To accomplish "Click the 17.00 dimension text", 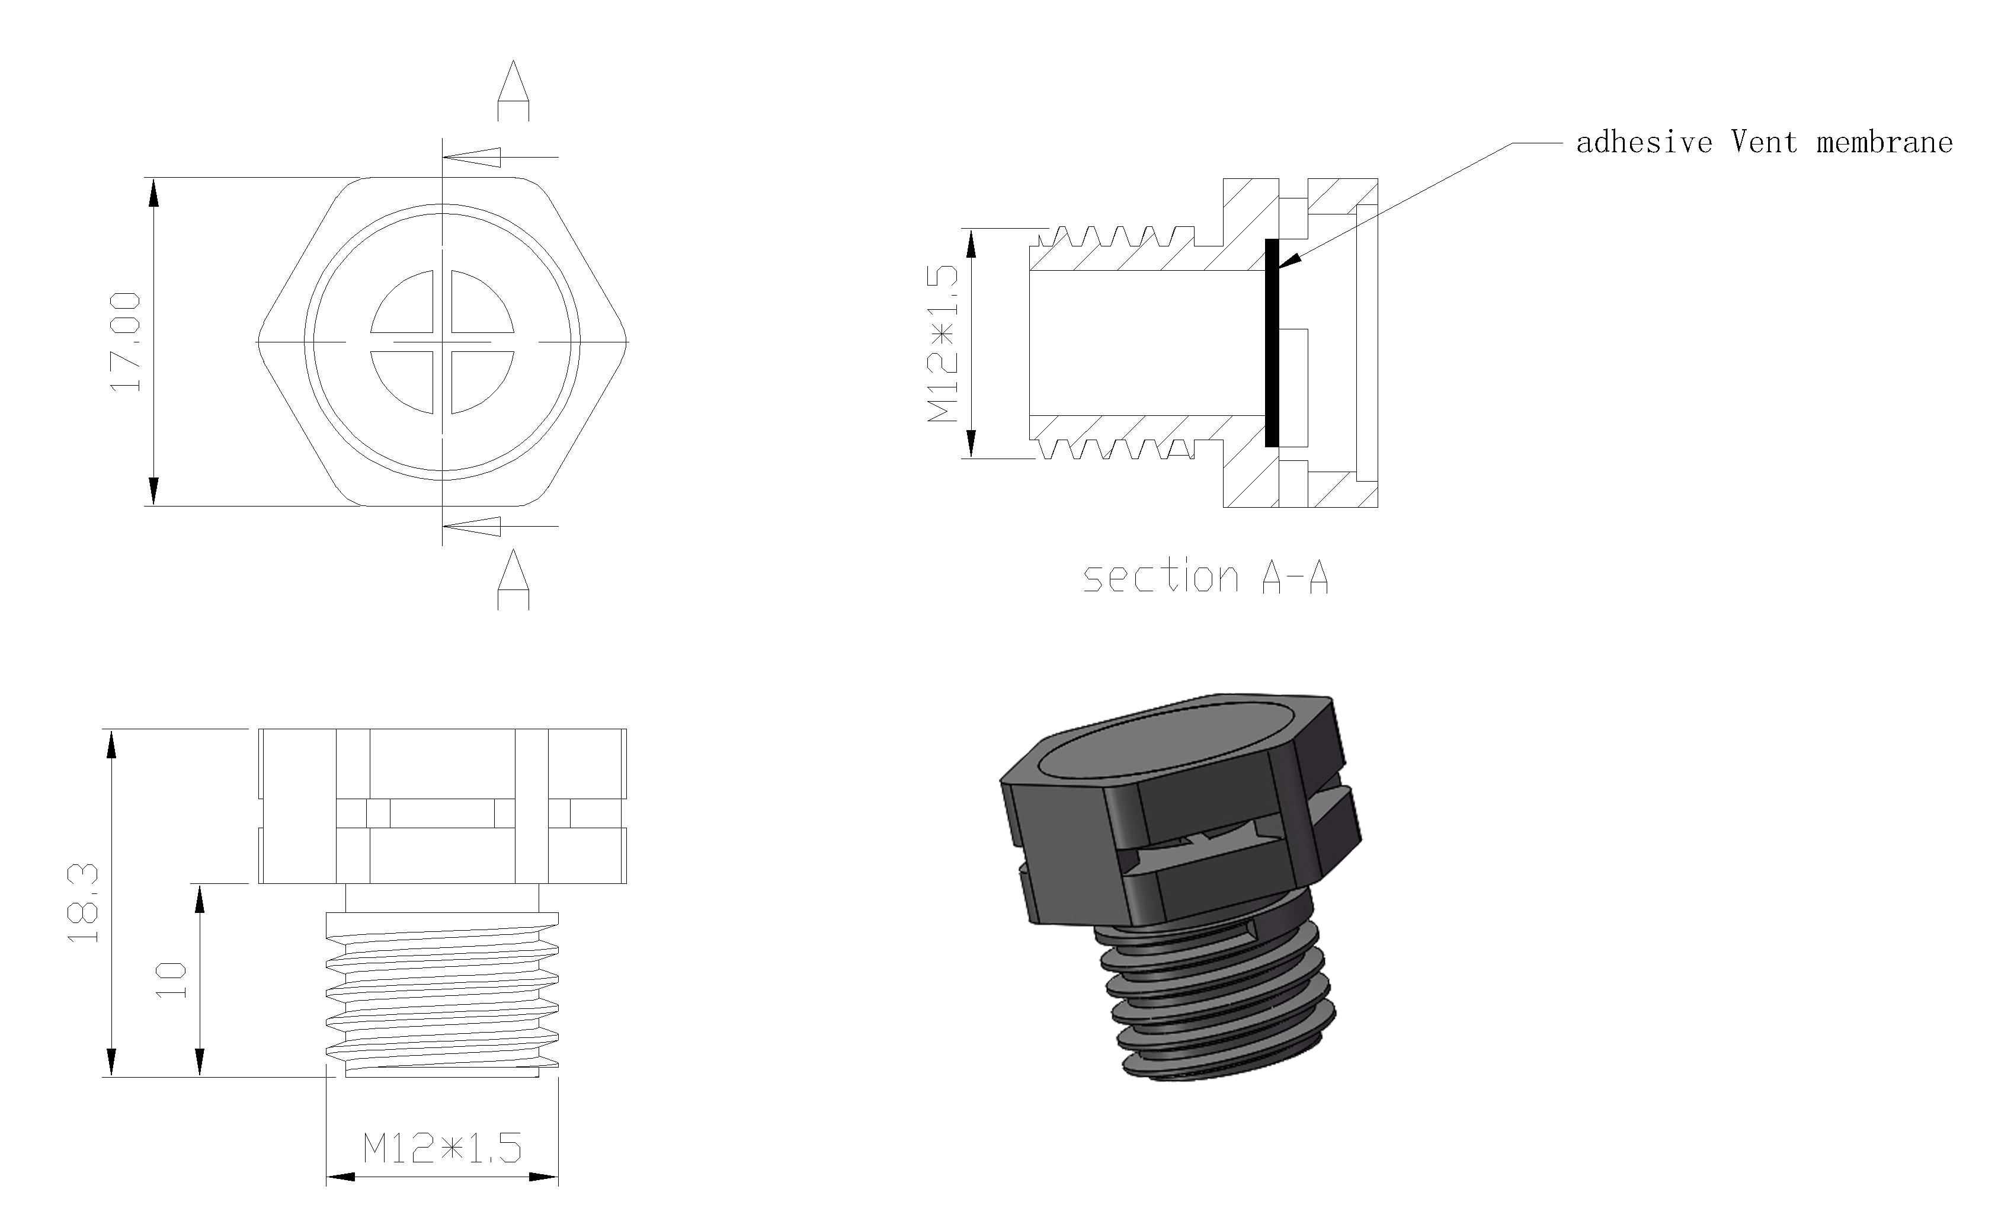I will pos(126,342).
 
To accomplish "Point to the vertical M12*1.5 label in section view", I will pos(943,344).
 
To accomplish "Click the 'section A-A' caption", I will pos(1206,577).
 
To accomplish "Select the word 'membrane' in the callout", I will pos(1884,143).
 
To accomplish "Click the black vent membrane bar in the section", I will pos(1272,343).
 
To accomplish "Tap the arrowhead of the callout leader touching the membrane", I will pos(1289,259).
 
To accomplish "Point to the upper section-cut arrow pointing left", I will pos(475,156).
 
